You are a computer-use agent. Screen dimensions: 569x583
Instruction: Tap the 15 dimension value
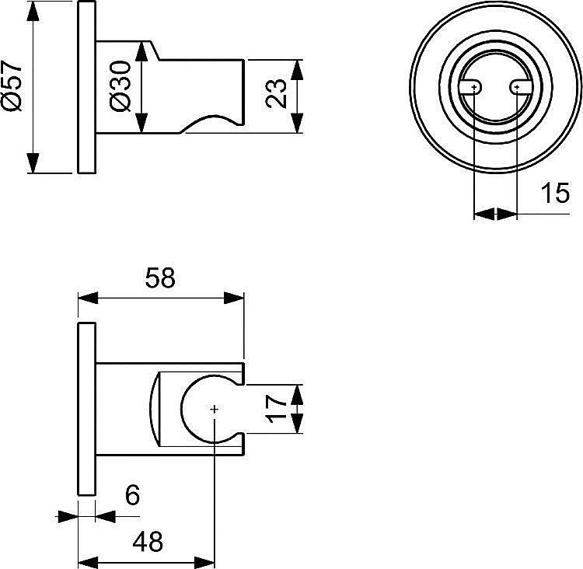[x=555, y=192]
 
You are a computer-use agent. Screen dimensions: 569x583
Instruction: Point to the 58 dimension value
[x=160, y=278]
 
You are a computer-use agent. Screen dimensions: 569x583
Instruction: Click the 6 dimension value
[x=132, y=495]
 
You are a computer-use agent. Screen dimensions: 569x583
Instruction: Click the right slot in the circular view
[x=517, y=89]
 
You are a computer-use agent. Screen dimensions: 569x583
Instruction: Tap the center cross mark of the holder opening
[x=214, y=409]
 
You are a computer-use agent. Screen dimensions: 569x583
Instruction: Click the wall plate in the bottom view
[x=86, y=409]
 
